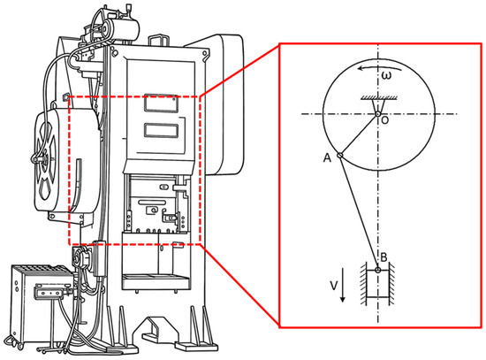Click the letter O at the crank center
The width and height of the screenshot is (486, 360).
point(384,120)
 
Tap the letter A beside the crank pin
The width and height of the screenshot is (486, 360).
point(327,158)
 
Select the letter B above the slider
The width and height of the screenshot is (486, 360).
point(383,257)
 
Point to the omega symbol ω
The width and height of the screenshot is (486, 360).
point(386,75)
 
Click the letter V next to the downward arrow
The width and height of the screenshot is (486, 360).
point(333,286)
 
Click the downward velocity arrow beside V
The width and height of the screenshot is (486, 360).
point(343,284)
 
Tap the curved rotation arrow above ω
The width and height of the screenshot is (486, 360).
point(379,67)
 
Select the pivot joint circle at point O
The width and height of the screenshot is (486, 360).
point(377,114)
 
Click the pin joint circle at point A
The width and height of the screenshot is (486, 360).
point(339,155)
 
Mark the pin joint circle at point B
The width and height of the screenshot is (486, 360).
point(377,270)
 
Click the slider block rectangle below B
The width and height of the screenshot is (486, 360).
point(377,284)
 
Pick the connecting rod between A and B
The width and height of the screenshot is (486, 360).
point(359,212)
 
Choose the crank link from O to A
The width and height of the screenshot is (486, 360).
point(359,134)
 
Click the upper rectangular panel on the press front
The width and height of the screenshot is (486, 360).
point(161,103)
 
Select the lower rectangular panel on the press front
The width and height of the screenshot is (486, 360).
point(161,130)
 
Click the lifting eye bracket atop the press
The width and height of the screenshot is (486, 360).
point(159,40)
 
